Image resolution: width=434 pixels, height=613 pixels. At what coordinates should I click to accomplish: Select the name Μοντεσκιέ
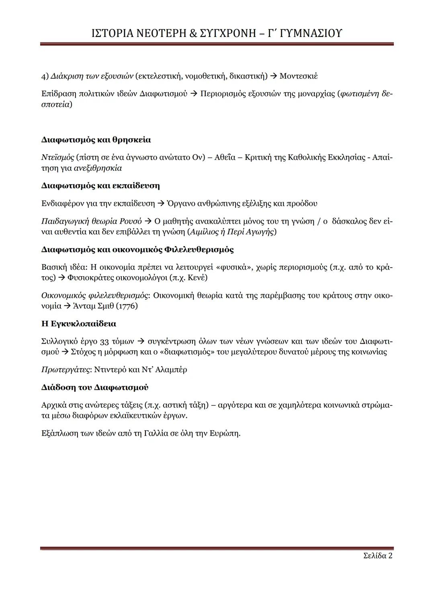click(x=299, y=76)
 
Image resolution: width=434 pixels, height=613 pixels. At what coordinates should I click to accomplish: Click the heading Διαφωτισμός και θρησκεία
click(x=96, y=140)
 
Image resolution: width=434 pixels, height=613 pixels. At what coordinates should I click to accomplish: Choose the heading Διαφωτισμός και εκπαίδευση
click(x=100, y=185)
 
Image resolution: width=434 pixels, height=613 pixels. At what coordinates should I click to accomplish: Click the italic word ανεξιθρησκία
click(x=98, y=168)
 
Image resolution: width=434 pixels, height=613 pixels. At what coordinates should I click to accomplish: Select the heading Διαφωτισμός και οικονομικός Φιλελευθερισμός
click(x=137, y=249)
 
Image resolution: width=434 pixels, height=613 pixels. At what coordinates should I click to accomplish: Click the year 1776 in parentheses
click(x=127, y=306)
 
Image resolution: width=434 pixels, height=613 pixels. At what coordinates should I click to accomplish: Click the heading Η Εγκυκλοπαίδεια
click(x=79, y=324)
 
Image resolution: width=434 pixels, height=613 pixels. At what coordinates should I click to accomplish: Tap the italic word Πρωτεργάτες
click(x=66, y=369)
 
